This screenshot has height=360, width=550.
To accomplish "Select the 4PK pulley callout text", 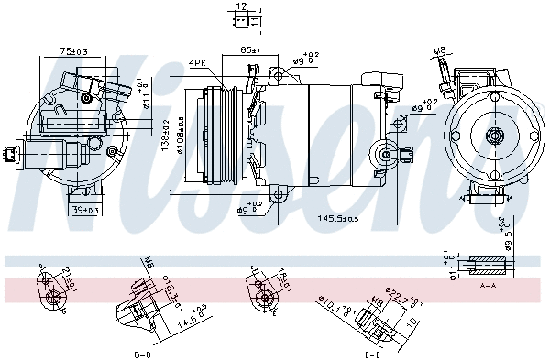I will [x=197, y=63].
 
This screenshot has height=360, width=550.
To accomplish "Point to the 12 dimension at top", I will [x=240, y=6].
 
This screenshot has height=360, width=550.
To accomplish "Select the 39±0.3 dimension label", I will [x=84, y=211].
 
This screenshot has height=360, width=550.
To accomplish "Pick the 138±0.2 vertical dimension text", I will [x=165, y=135].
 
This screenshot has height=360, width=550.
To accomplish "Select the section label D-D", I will [x=142, y=354].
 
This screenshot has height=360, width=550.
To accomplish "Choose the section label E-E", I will [x=371, y=354].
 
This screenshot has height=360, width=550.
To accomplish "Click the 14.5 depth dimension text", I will [x=188, y=318].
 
